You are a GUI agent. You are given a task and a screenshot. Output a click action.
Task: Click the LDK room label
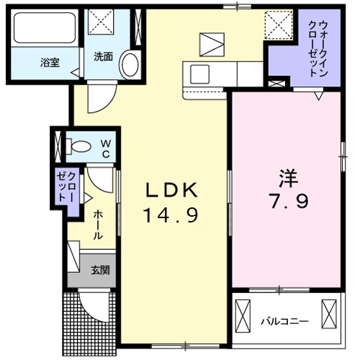(x=171, y=191)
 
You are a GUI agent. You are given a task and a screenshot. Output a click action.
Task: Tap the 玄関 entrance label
(x=100, y=271)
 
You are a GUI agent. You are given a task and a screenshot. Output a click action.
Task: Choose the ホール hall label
(x=97, y=225)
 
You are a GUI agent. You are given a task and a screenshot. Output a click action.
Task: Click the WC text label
(x=105, y=148)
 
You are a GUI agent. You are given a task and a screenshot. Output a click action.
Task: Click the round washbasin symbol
(x=130, y=64)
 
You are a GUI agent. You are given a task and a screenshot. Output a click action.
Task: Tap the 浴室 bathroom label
(x=50, y=63)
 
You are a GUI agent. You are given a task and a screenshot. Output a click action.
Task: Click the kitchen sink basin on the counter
(x=199, y=73)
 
